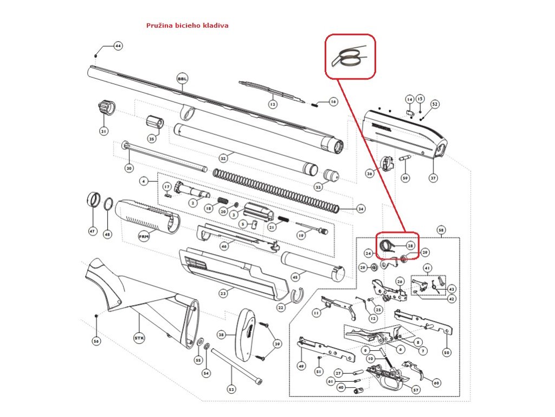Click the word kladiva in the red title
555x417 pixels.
215,26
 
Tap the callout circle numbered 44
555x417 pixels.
118,46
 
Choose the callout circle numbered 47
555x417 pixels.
92,232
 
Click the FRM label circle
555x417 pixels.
144,237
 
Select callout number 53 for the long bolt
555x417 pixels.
231,389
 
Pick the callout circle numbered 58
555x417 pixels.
441,230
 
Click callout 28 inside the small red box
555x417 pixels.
410,246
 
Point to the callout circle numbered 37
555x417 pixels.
433,178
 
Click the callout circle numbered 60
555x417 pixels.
436,383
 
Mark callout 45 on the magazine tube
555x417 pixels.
295,277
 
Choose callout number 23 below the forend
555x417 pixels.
223,293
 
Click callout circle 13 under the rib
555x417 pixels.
273,104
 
